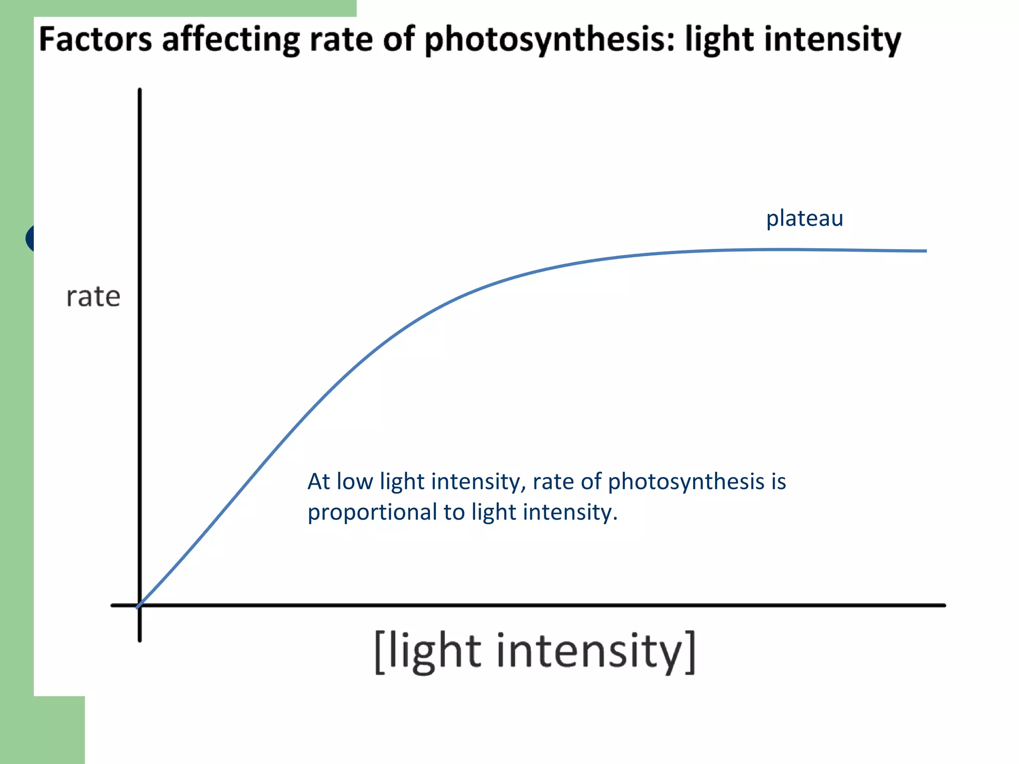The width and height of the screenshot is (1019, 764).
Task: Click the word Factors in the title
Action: pos(95,39)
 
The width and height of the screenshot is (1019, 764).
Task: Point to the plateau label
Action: pos(804,218)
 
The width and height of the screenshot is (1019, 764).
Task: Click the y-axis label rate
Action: pos(93,297)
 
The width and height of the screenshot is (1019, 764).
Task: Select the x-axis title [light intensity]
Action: pos(535,652)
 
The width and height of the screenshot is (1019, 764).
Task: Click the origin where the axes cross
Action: pos(140,605)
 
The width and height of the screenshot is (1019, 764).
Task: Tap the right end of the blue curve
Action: pos(925,251)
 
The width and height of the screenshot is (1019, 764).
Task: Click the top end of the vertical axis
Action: pos(140,91)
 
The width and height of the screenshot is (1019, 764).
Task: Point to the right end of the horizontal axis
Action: pos(944,605)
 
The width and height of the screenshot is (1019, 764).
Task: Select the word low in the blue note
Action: pos(355,481)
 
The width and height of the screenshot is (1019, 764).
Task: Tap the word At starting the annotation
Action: pos(318,481)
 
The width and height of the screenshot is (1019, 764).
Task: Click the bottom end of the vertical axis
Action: pos(140,640)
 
